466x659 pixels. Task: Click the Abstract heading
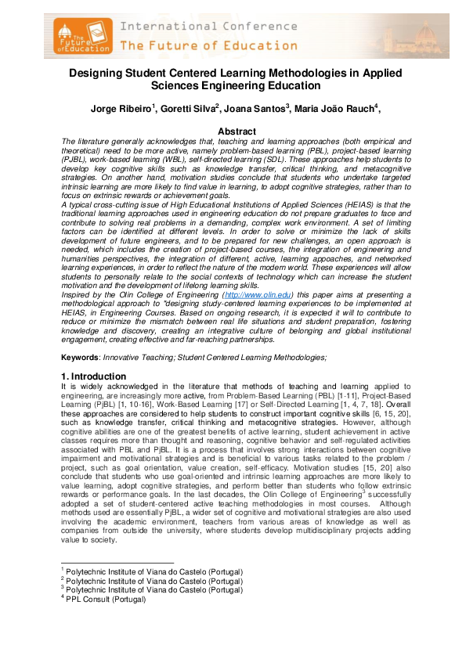pyautogui.click(x=237, y=131)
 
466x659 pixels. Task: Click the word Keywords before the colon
pyautogui.click(x=81, y=357)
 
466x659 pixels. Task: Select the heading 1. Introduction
pyautogui.click(x=92, y=376)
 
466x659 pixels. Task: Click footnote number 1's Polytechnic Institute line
pyautogui.click(x=154, y=573)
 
